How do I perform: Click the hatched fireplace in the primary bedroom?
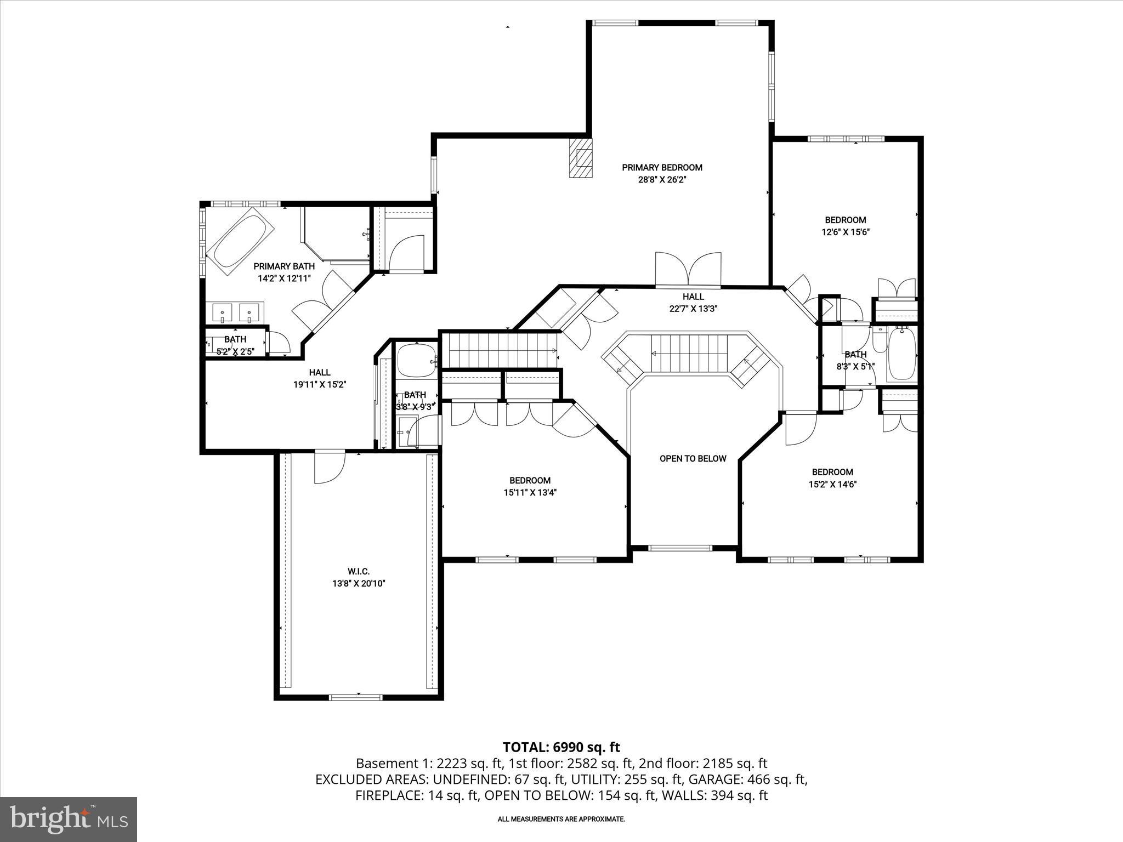point(581,158)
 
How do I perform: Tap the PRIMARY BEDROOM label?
point(662,167)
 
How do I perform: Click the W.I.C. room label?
point(359,572)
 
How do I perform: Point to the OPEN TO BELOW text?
point(693,458)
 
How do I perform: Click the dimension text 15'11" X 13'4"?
point(530,492)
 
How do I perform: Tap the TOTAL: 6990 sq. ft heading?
point(561,747)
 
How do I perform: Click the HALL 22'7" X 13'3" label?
point(693,303)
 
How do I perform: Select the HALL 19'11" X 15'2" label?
point(320,379)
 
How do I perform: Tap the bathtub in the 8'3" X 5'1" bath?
point(901,354)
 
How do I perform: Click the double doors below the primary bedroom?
point(688,270)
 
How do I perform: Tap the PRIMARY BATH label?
point(284,266)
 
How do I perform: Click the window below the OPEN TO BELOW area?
point(680,548)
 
